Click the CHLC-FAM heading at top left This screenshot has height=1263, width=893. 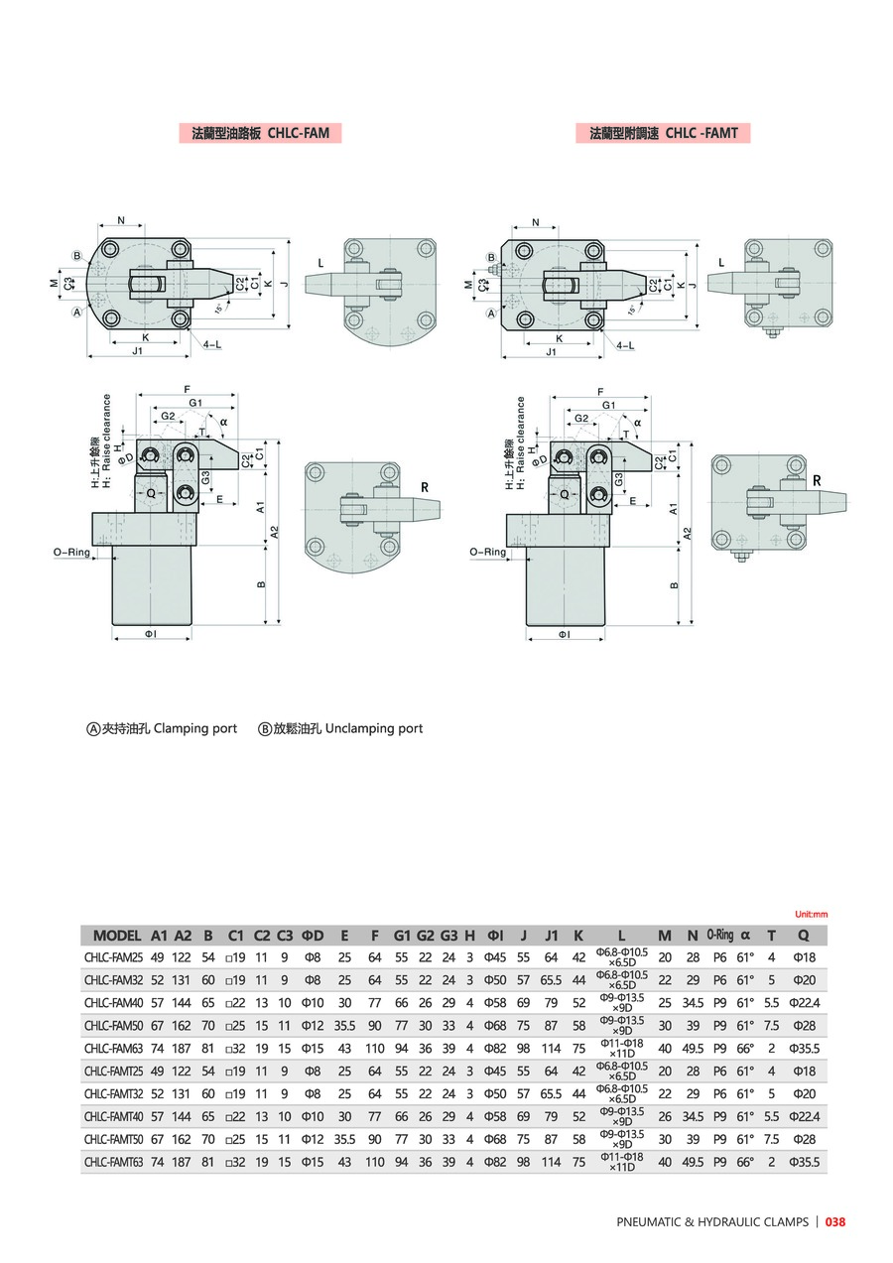pos(259,132)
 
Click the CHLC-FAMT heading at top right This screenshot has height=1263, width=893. pos(663,132)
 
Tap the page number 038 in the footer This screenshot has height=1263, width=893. pos(835,1221)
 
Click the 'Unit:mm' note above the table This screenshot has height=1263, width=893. pos(811,914)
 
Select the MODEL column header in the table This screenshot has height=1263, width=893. pos(117,935)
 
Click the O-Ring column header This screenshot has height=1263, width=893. pos(719,935)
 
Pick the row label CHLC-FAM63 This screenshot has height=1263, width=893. pos(114,1048)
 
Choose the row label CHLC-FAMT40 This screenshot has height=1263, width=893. pos(114,1115)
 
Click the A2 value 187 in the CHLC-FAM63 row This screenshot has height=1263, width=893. pos(183,1048)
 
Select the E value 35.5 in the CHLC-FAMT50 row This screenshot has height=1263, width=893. pos(344,1138)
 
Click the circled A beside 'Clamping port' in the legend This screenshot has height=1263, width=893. pos(95,728)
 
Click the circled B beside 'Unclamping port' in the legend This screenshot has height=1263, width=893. pos(265,728)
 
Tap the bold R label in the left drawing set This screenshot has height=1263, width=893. pos(424,487)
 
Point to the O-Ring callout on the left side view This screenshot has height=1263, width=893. pos(71,552)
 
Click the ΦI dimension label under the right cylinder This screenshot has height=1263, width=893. pos(564,633)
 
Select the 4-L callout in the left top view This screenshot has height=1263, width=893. pos(212,344)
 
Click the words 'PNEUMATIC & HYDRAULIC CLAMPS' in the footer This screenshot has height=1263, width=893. pos(711,1221)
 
